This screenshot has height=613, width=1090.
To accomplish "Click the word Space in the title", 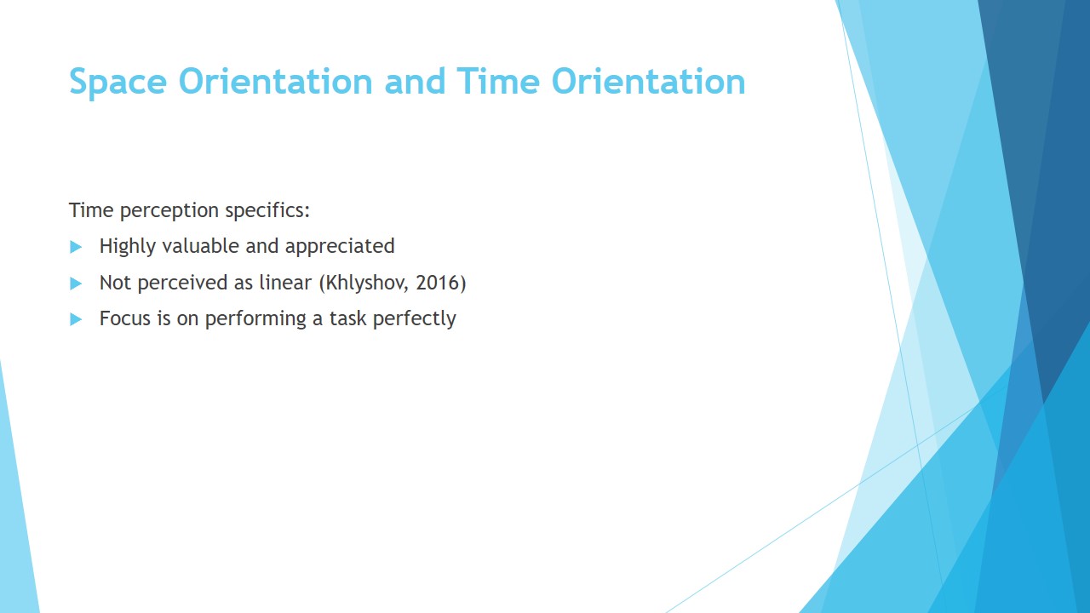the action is coord(118,83).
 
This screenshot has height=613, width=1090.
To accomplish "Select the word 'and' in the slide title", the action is coord(415,81).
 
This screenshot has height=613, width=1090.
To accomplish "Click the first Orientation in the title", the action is coord(275,81).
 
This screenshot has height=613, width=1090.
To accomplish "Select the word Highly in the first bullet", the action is coord(128,247).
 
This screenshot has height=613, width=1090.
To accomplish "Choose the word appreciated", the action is coord(340,247).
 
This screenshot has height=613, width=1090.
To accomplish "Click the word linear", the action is coord(285,282).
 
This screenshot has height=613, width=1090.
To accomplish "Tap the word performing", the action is coord(255,319).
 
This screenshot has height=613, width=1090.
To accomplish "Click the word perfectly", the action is coord(414,319).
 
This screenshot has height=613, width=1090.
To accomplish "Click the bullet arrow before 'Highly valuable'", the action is coord(76,247).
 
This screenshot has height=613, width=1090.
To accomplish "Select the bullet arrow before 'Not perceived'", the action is coord(76,284).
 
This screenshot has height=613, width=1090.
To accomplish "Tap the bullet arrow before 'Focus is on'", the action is coord(76,319).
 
